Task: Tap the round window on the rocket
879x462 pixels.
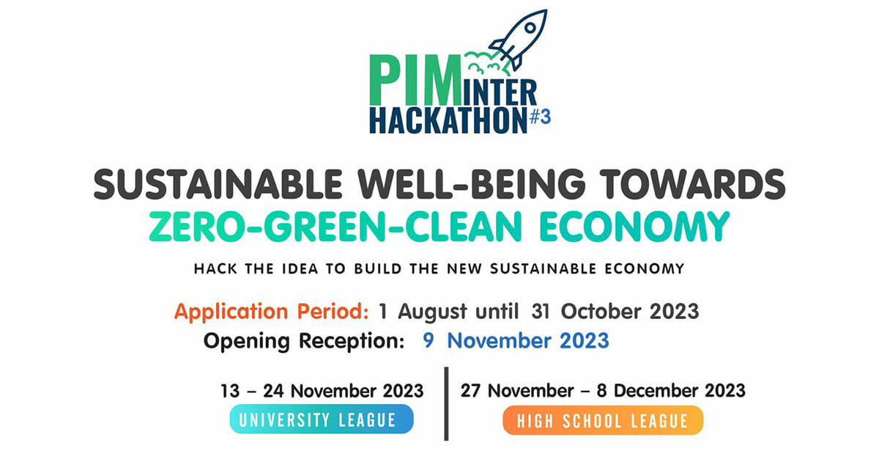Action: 530,28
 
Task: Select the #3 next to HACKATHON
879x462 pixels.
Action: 541,117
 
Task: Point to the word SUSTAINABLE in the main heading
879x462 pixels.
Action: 218,184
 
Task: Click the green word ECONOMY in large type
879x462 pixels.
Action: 634,227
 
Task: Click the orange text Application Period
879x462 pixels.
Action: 272,312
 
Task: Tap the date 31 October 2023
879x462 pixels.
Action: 615,312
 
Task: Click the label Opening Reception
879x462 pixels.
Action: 304,341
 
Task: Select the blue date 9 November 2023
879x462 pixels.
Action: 516,340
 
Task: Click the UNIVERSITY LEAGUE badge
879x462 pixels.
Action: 322,419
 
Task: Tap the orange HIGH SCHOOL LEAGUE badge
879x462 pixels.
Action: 603,420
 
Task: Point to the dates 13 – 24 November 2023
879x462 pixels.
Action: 322,391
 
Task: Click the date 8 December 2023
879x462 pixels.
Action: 671,391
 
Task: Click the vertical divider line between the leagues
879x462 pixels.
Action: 446,404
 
